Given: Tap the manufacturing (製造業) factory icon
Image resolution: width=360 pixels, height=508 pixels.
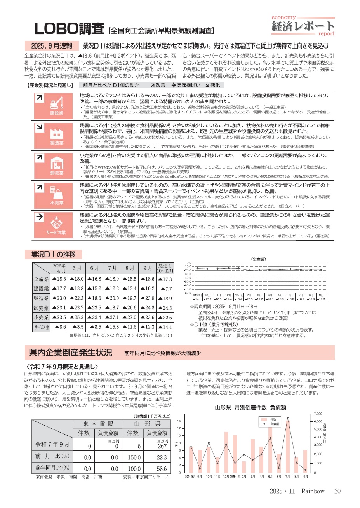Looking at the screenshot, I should pyautogui.click(x=57, y=133).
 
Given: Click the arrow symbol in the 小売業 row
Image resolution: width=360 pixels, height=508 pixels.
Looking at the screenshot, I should pyautogui.click(x=39, y=187).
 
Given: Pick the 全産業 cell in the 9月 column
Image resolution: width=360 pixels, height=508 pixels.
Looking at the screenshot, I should pyautogui.click(x=147, y=279).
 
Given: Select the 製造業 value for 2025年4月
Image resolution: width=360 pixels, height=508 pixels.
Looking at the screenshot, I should pyautogui.click(x=58, y=298).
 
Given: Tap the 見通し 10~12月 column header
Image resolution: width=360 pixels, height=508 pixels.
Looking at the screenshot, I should pyautogui.click(x=165, y=268).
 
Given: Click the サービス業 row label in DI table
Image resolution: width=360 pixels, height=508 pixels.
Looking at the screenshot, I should pyautogui.click(x=41, y=327).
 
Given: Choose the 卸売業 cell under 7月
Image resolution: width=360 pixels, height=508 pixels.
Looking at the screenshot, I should pyautogui.click(x=112, y=308).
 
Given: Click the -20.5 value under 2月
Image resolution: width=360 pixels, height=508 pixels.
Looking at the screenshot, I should pyautogui.click(x=249, y=299).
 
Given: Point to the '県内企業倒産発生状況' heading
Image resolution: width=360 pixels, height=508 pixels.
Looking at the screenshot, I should pyautogui.click(x=70, y=353).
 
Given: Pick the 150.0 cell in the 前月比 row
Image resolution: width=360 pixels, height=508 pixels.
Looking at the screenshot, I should pyautogui.click(x=134, y=457).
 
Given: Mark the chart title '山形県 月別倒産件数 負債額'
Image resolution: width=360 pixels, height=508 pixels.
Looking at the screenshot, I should pyautogui.click(x=250, y=407).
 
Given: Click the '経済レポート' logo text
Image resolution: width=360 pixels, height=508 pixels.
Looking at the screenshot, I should pyautogui.click(x=303, y=26).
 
